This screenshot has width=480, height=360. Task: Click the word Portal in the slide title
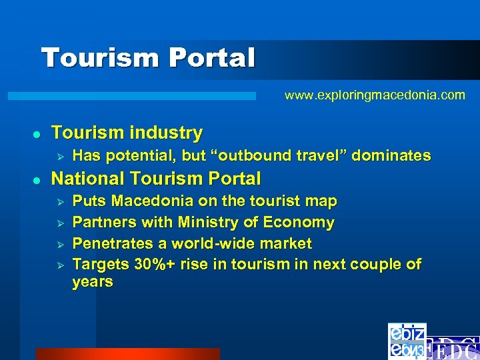[x=212, y=58]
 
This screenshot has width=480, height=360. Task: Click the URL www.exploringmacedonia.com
[x=375, y=95]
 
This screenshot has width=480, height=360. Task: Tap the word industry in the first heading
[x=167, y=133]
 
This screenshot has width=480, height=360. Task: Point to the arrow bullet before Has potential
[x=59, y=157]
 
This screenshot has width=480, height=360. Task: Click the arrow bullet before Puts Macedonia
[x=59, y=201]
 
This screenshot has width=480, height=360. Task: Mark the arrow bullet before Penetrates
[x=59, y=244]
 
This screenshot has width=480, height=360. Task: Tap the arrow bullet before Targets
[x=59, y=265]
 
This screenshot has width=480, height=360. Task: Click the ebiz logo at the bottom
[x=406, y=341]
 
